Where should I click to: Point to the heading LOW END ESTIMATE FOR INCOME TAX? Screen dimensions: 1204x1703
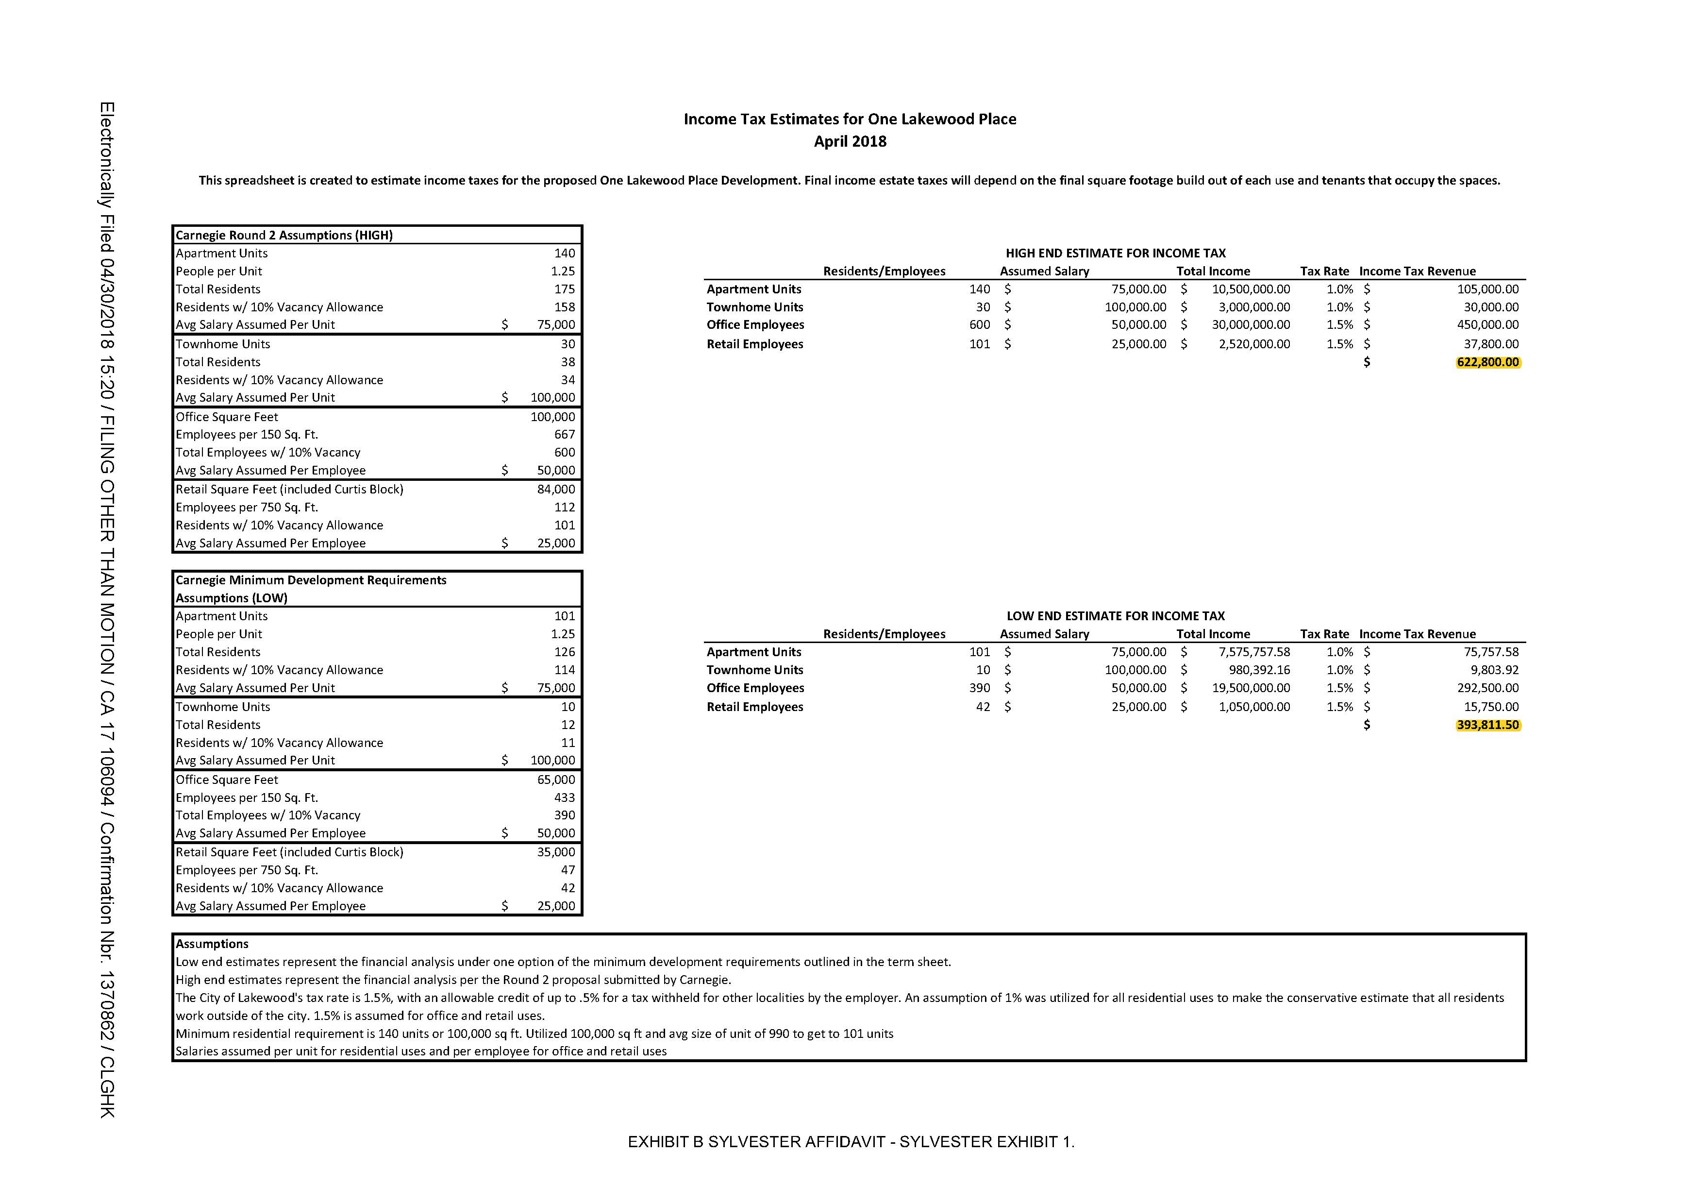(1115, 616)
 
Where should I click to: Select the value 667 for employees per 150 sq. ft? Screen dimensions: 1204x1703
(565, 435)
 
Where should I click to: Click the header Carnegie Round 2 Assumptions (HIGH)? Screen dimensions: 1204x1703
(284, 235)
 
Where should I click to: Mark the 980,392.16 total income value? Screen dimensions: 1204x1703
(1259, 670)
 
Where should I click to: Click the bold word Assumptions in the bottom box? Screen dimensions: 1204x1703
(212, 944)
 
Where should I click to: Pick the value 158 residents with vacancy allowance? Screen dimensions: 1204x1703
(565, 307)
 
